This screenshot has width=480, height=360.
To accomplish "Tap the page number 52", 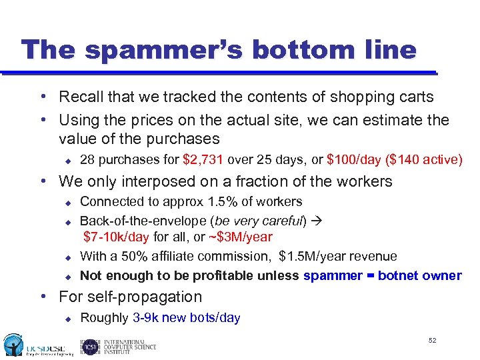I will point(433,341).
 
